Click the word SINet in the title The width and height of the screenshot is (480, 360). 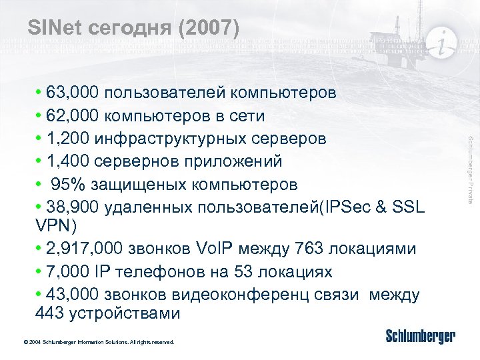[x=53, y=28]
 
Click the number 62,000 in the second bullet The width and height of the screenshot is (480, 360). [x=69, y=115]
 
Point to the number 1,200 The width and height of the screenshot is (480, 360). [x=65, y=139]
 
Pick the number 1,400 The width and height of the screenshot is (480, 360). [x=65, y=161]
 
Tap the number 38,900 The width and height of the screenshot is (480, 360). [x=69, y=206]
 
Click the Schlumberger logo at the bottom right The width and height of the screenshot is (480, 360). [x=421, y=336]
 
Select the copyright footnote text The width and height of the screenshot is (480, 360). [x=99, y=342]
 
